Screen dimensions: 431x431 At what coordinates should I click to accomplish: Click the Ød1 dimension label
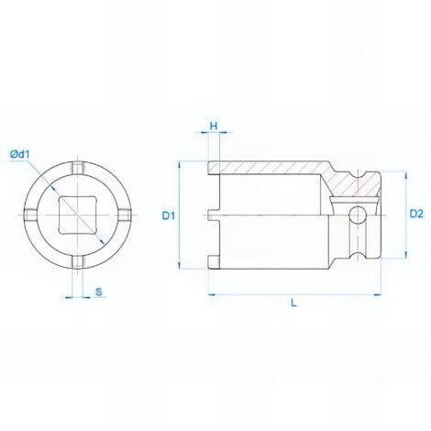(19, 155)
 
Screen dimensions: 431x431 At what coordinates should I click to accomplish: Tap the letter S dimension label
(98, 293)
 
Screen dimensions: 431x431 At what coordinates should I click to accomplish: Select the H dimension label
(214, 126)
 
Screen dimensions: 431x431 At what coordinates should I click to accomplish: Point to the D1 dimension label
(169, 215)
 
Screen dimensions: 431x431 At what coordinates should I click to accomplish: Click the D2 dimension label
(416, 214)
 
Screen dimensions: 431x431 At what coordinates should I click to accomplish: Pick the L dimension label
(293, 303)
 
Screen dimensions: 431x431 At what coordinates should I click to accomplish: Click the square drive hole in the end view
(78, 215)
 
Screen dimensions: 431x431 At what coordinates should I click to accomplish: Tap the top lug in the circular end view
(78, 168)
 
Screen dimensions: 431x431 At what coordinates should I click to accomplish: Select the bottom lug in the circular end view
(78, 262)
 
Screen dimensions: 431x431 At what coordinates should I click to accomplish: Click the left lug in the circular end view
(30, 215)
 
